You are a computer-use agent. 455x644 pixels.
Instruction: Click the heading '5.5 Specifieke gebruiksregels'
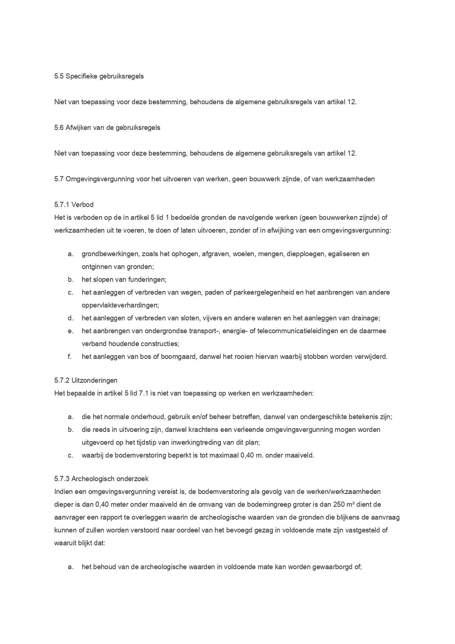click(99, 76)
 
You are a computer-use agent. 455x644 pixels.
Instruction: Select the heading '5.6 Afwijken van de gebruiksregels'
click(107, 127)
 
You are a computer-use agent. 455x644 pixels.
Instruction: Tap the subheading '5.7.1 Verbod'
click(74, 205)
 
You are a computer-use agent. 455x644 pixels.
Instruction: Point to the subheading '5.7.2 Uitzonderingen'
click(86, 380)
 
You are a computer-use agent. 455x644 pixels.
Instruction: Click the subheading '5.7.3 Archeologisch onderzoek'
click(101, 479)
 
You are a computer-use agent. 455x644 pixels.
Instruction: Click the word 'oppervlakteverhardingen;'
click(120, 305)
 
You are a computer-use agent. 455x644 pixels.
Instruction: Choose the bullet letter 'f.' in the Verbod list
click(70, 356)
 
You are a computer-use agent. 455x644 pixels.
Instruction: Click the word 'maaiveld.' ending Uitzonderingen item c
click(300, 455)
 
